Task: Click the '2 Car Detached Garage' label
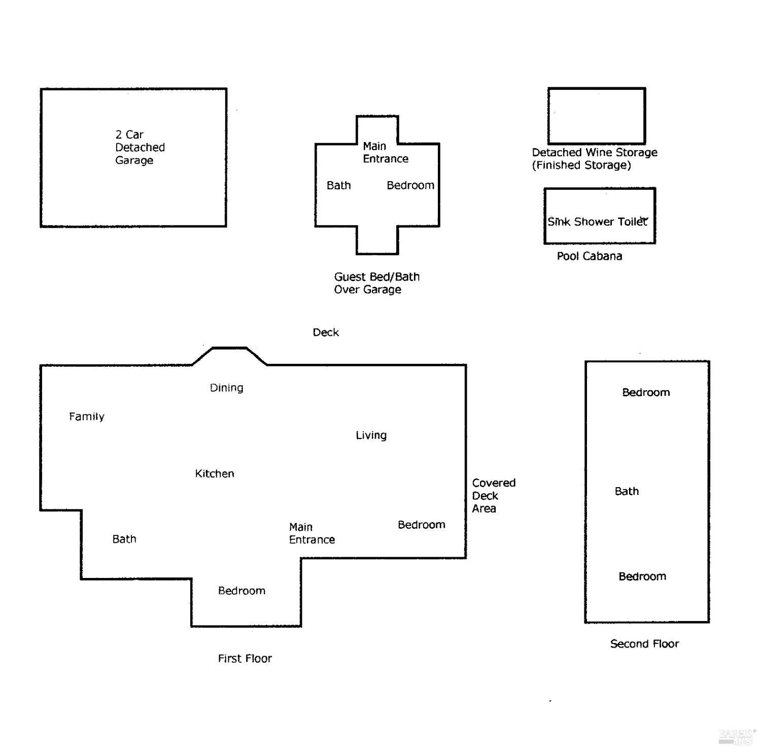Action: (x=140, y=147)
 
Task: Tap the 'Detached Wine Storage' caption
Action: (x=594, y=153)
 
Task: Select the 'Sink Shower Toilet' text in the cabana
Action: (x=597, y=222)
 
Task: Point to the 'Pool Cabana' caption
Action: (x=589, y=256)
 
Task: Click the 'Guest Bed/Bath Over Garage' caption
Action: (x=376, y=283)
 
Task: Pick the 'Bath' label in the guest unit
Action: (x=338, y=186)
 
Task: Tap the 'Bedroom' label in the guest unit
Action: (x=410, y=186)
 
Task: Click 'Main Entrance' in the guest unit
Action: (x=385, y=153)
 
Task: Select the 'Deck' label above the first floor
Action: (x=325, y=332)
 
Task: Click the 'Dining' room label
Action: (x=226, y=388)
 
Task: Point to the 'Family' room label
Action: (x=87, y=417)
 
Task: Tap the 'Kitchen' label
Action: (x=214, y=474)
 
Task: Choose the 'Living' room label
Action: (x=371, y=435)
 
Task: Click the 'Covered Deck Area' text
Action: (x=493, y=496)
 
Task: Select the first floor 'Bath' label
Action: (x=124, y=539)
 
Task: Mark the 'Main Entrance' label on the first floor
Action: (x=312, y=533)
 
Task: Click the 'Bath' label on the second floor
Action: (x=627, y=491)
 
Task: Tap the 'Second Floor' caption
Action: (x=644, y=644)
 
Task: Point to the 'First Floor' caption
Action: (x=245, y=659)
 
